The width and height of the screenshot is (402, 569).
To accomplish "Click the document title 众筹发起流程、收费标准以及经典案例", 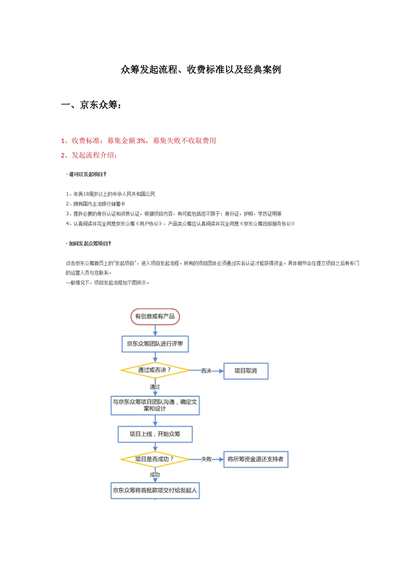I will pos(201,69).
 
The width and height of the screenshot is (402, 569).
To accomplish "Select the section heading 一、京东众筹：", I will pos(91,105).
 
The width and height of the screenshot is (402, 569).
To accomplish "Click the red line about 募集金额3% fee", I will pos(138,141).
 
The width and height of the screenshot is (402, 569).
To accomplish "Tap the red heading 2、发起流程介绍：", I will pos(89,155).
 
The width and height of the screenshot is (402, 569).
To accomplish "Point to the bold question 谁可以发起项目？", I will pos(88,174).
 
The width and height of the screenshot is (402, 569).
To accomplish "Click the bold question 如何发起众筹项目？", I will pos(90,244).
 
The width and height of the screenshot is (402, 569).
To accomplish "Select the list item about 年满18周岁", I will pos(110,194).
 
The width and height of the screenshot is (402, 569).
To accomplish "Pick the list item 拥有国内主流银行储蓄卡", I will pos(96,204).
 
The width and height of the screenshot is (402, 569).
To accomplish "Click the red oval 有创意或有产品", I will pos(155,316).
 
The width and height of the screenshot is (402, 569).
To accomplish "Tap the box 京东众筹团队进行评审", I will pos(155,344).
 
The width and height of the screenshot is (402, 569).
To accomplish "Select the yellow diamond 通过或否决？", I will pos(155,370).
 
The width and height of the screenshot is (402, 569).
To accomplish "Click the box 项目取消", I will pos(245,371).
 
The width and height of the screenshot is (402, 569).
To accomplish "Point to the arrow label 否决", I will pos(206,371).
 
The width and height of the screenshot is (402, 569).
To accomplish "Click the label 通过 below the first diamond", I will pos(155,387).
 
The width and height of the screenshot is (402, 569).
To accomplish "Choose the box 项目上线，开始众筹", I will pos(155,434).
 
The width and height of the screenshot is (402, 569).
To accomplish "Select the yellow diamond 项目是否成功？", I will pos(155,459).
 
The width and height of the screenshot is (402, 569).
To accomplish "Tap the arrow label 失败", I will pos(207,459).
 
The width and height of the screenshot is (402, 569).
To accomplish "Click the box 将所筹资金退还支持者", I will pos(256,459).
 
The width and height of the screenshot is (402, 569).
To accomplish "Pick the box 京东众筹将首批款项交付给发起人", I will pos(155,490).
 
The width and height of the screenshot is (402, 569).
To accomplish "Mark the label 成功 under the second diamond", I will pos(155,475).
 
